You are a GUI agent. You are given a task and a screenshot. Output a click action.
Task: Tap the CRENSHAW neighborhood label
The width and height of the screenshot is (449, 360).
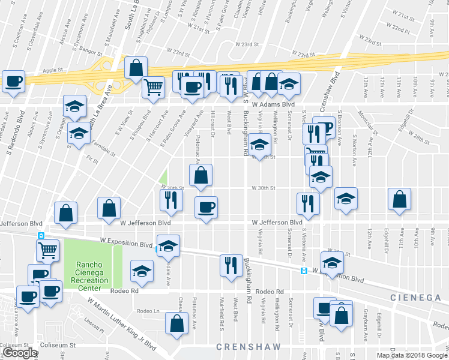pyautogui.click(x=242, y=347)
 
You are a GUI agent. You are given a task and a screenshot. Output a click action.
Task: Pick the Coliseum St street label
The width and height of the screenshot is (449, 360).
pyautogui.click(x=58, y=345)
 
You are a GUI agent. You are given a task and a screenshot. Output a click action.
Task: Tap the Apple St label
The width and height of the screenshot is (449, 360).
pyautogui.click(x=52, y=70)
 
